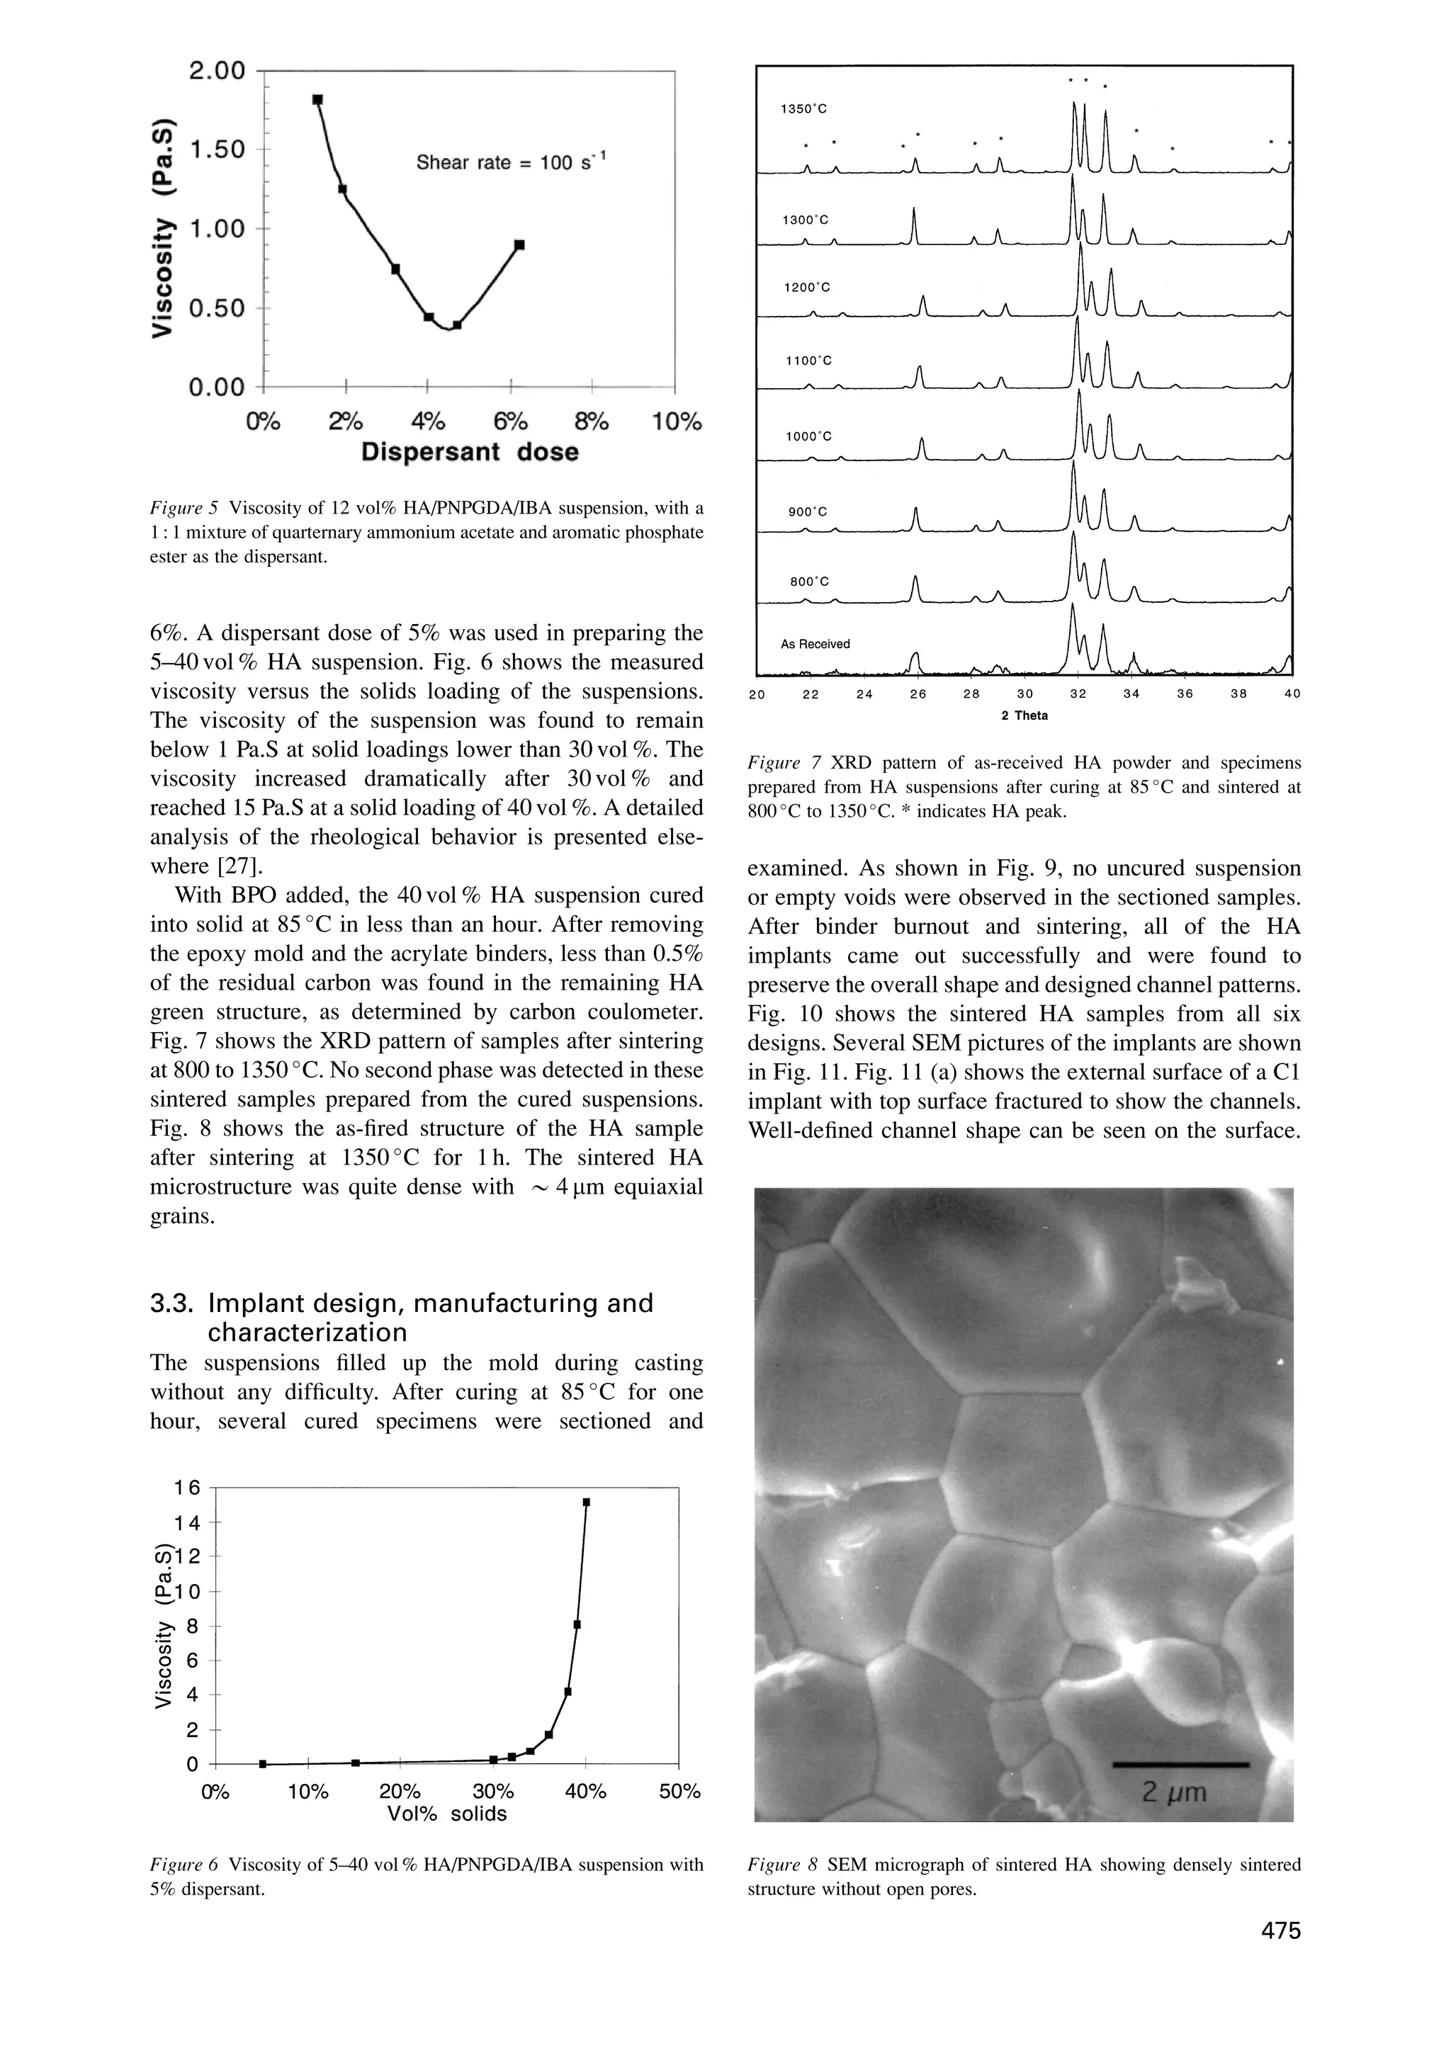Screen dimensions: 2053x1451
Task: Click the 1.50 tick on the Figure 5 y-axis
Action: pyautogui.click(x=216, y=149)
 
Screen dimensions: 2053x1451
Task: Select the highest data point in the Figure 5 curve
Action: pyautogui.click(x=317, y=99)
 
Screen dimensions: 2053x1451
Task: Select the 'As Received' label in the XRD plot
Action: pyautogui.click(x=815, y=644)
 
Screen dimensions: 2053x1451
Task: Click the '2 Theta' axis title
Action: pyautogui.click(x=1024, y=716)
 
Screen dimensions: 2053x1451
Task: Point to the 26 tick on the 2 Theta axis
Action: pyautogui.click(x=918, y=694)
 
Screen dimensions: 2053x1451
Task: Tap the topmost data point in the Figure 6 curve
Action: pyautogui.click(x=587, y=1502)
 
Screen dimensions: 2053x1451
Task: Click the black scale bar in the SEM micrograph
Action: pyautogui.click(x=1180, y=1765)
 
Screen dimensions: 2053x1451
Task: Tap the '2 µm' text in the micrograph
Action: pyautogui.click(x=1175, y=1792)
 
